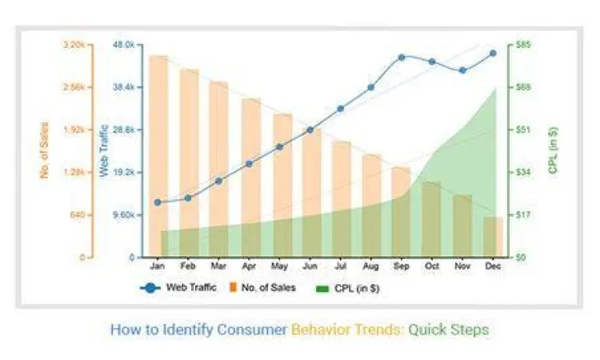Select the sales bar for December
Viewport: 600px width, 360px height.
click(x=493, y=237)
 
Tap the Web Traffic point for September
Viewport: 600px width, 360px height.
click(x=402, y=58)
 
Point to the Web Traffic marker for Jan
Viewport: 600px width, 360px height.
click(x=158, y=202)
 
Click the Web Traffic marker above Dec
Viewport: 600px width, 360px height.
click(x=493, y=54)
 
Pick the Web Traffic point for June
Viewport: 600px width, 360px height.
click(x=310, y=130)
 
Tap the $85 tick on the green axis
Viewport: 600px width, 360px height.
click(x=524, y=45)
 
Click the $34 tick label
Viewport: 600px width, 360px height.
click(x=524, y=172)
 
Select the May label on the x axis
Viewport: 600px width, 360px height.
click(x=279, y=266)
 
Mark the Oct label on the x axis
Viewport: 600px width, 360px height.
click(x=432, y=266)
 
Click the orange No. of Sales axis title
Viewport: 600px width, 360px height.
click(x=45, y=150)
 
